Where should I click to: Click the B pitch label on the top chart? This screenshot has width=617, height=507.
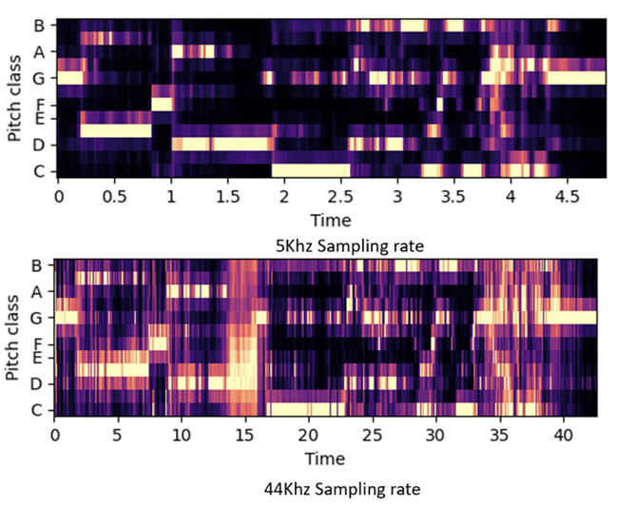coord(37,25)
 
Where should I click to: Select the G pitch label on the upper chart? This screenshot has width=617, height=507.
coord(37,78)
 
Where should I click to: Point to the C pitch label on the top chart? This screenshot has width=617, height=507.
coord(37,171)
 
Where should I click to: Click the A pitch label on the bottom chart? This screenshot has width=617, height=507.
coord(37,291)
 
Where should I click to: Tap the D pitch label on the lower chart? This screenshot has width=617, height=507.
coord(37,384)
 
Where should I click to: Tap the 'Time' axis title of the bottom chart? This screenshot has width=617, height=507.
coord(326,458)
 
